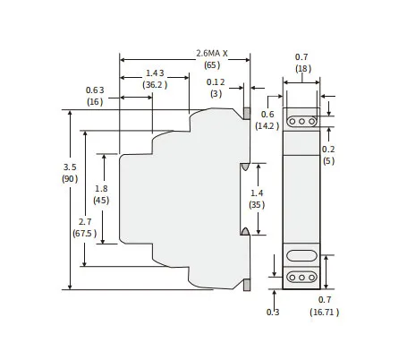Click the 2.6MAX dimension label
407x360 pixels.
pos(212,54)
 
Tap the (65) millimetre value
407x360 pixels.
pos(212,65)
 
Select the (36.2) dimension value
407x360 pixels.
pos(155,85)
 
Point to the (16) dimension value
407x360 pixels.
pos(95,102)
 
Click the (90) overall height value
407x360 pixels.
pos(70,179)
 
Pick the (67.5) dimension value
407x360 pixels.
pos(85,233)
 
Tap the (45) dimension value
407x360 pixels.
pos(101,201)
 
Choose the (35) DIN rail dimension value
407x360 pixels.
pos(257,205)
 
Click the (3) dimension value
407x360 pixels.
pos(216,94)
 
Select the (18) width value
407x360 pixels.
pos(303,69)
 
